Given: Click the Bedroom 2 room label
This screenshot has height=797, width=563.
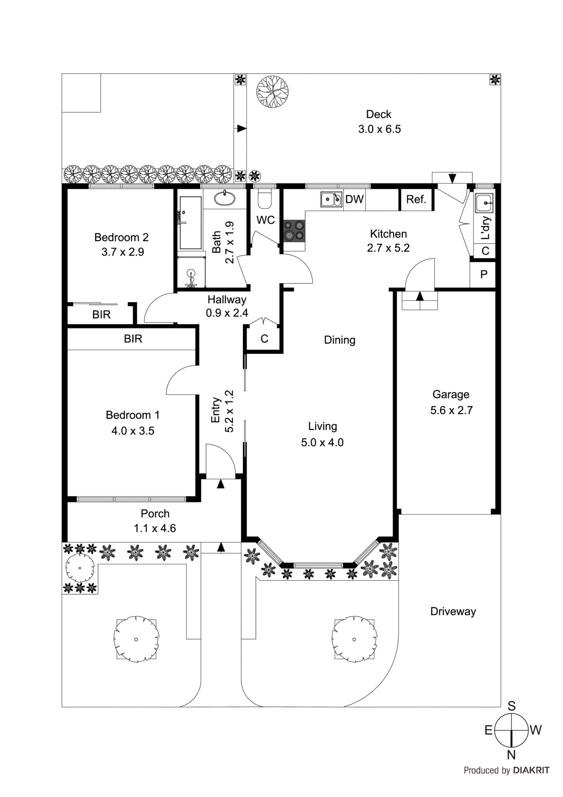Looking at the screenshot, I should (x=121, y=238).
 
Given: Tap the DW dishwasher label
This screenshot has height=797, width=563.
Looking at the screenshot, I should (x=354, y=199).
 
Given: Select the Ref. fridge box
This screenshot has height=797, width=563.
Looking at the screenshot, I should (x=416, y=200).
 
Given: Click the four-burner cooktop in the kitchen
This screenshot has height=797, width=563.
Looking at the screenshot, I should (x=294, y=231).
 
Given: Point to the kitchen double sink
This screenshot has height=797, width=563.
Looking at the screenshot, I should (x=331, y=200).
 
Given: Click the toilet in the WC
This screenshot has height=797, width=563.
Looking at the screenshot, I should (x=265, y=199).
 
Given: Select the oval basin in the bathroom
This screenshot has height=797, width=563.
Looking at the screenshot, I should (x=225, y=198).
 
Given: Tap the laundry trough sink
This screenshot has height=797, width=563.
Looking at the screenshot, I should (x=484, y=203).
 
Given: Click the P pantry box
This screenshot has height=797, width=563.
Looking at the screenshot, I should (x=483, y=274).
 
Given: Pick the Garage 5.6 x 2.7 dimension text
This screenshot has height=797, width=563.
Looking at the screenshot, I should (x=451, y=410).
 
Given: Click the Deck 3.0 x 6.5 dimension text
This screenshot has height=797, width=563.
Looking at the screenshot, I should (x=379, y=129).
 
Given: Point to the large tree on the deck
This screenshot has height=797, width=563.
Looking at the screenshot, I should (x=272, y=92).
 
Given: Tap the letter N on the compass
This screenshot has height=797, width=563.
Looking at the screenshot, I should (x=511, y=755).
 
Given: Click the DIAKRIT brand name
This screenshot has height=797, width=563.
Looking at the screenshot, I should (x=531, y=770).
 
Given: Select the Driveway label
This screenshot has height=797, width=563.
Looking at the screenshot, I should (x=453, y=611).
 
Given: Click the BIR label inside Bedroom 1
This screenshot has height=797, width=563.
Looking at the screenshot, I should (x=133, y=339).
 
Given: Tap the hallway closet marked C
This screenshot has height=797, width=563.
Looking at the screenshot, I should (x=264, y=339).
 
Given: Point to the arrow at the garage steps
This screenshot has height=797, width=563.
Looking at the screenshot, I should (x=420, y=296).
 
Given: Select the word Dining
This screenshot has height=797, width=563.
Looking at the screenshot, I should (x=339, y=340).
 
